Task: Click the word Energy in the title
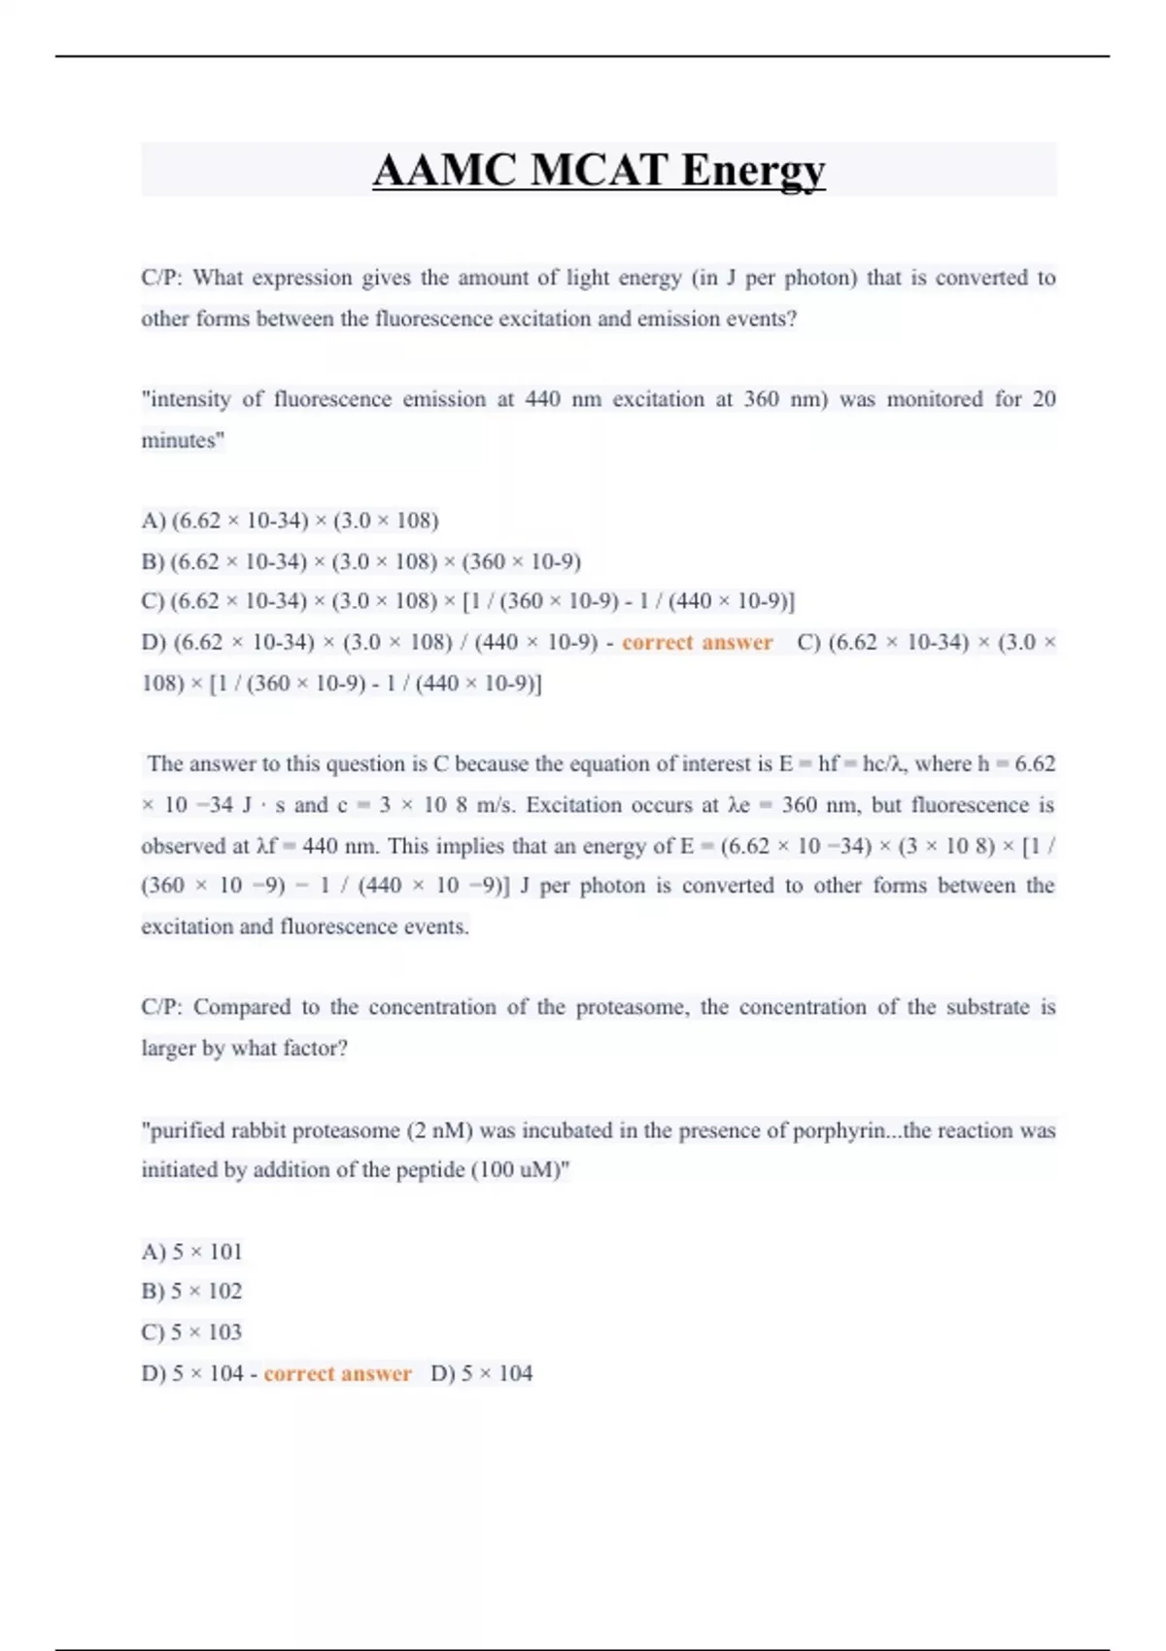tap(753, 171)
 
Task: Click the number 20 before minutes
tap(1044, 399)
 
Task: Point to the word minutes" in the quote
tap(183, 440)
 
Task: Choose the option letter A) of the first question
tap(154, 521)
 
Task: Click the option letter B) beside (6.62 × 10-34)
tap(153, 561)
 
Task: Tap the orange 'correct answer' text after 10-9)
tap(697, 643)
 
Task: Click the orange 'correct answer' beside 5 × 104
tap(337, 1373)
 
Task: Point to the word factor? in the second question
tap(315, 1048)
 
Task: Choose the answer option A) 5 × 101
tap(191, 1251)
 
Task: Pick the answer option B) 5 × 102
tap(191, 1292)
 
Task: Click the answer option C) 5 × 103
tap(191, 1332)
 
